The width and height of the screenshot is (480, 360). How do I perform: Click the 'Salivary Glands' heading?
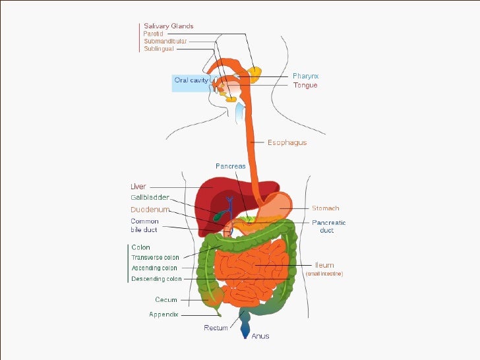169,26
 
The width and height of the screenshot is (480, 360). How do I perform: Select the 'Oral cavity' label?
191,80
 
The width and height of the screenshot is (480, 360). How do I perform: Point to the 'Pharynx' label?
306,76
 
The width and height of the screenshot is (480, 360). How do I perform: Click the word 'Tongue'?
305,85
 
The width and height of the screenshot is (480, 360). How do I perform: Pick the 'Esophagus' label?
287,142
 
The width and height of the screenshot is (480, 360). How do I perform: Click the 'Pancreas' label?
230,166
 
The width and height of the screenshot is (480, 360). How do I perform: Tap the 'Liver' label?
138,187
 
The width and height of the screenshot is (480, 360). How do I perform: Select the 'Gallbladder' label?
150,197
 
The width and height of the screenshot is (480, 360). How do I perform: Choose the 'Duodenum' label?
150,209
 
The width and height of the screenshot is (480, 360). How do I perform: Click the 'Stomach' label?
325,208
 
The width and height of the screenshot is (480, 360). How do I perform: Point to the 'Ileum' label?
324,265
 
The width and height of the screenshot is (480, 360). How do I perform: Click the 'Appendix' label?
164,314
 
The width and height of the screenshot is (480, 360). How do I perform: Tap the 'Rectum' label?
216,328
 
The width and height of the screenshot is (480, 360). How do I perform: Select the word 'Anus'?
260,336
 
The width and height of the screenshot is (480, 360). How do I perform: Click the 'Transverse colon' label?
155,257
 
